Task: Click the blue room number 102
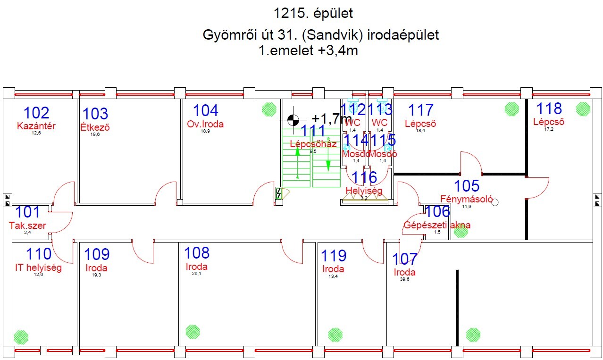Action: click(36, 113)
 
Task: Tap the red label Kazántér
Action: click(36, 126)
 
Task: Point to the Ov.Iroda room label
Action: click(205, 124)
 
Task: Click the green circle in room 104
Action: click(269, 109)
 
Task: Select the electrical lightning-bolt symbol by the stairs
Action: click(279, 193)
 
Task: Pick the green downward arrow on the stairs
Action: click(328, 165)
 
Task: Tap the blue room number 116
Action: click(364, 177)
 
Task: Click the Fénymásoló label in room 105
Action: click(466, 199)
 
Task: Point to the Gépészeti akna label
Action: click(437, 225)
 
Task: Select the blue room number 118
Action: click(549, 109)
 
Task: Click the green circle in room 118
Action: click(583, 109)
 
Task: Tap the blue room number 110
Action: click(39, 254)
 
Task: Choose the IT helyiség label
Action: click(38, 268)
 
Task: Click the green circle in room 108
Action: click(193, 332)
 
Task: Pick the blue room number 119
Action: click(334, 256)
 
